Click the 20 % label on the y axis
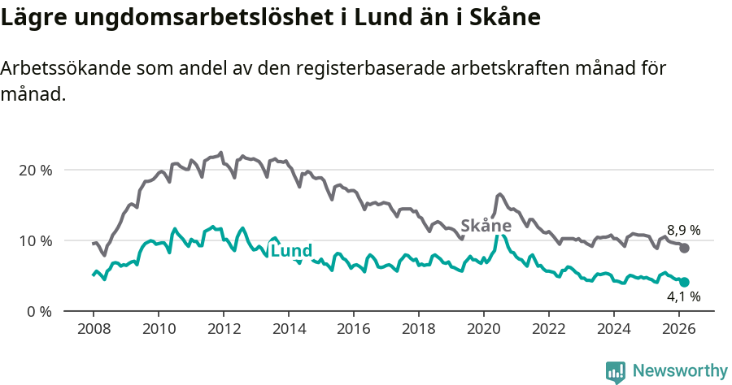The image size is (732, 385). [x=35, y=171]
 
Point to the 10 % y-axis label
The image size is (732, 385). [x=35, y=241]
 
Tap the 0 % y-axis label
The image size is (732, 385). [x=38, y=312]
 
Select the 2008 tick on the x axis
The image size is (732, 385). [x=93, y=329]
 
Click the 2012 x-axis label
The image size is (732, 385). [x=223, y=329]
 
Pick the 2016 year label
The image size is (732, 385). [x=353, y=329]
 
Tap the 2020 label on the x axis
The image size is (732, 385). [x=483, y=329]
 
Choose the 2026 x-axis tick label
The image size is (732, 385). [x=678, y=329]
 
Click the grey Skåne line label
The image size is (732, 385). [x=486, y=226]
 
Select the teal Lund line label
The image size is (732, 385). [x=291, y=252]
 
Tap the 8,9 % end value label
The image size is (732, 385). [x=683, y=230]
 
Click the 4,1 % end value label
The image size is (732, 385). [x=683, y=297]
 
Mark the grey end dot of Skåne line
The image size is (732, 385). [x=684, y=249]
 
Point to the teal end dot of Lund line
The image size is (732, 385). [x=684, y=282]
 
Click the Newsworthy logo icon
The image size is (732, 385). [x=616, y=371]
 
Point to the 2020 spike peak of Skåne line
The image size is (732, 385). [x=499, y=194]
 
